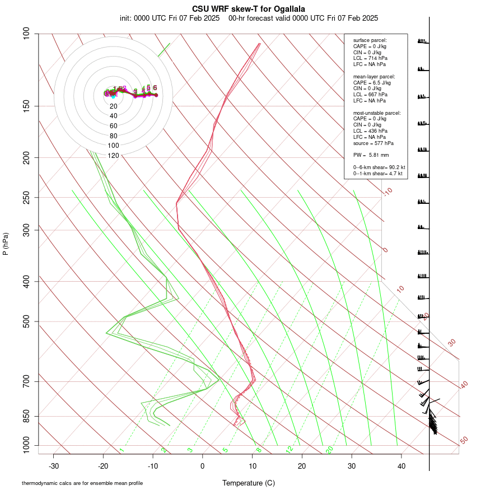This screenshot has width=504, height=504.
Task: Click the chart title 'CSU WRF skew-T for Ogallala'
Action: coord(249,9)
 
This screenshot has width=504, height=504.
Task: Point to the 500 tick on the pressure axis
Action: coord(26,321)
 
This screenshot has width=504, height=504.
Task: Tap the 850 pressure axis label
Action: coord(26,416)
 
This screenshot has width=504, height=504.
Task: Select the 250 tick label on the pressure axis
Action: coord(26,197)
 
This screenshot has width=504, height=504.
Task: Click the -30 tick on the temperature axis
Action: coord(54,466)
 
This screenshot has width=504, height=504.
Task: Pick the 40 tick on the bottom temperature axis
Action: coord(402,466)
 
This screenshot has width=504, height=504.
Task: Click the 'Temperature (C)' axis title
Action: coord(249,483)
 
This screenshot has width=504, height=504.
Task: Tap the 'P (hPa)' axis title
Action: coord(6,244)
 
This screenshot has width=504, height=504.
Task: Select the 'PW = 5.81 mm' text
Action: coord(371,155)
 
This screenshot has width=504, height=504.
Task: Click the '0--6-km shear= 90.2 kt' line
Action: coord(379,167)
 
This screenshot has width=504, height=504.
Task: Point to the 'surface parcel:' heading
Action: coord(370,40)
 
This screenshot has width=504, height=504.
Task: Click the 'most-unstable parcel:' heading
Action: coord(376,113)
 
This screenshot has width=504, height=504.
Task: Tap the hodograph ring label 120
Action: coord(113,156)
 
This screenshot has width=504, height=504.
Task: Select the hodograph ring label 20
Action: coord(113,106)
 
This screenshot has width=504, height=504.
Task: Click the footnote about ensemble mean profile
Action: coord(82,483)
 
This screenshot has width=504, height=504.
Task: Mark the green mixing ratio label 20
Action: coord(329,450)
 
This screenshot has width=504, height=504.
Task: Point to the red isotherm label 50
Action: coord(464,441)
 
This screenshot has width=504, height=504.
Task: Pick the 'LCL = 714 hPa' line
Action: coord(370,58)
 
